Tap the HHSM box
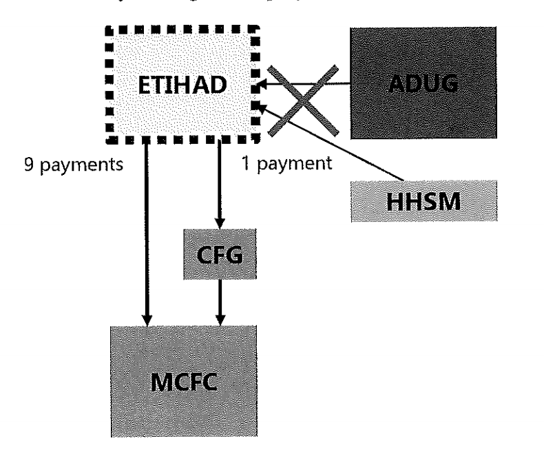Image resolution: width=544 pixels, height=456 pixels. click(423, 200)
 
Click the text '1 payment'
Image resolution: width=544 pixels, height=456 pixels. click(285, 165)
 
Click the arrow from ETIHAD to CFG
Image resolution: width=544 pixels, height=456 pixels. click(218, 186)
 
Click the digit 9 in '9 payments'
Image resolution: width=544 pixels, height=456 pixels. click(28, 165)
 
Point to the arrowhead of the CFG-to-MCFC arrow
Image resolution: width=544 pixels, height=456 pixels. click(218, 318)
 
